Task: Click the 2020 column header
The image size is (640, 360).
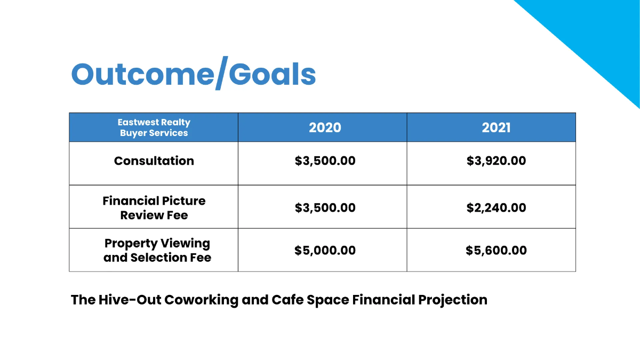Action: click(325, 127)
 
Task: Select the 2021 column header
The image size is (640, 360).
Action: click(496, 127)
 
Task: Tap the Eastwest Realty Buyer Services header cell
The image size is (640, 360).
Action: click(154, 127)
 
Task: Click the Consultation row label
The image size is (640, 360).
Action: click(154, 161)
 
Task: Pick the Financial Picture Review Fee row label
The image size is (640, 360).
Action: click(154, 208)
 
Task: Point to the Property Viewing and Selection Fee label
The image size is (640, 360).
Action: click(157, 251)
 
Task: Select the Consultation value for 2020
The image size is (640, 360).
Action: click(325, 161)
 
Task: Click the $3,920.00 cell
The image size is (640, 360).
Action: click(496, 161)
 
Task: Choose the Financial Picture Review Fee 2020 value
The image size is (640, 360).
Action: click(325, 208)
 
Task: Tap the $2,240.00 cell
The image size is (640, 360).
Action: click(496, 208)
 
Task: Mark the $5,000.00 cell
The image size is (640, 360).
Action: click(325, 251)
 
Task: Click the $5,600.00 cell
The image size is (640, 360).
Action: click(496, 251)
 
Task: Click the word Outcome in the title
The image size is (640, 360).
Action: click(141, 74)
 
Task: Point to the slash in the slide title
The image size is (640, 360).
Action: click(220, 74)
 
